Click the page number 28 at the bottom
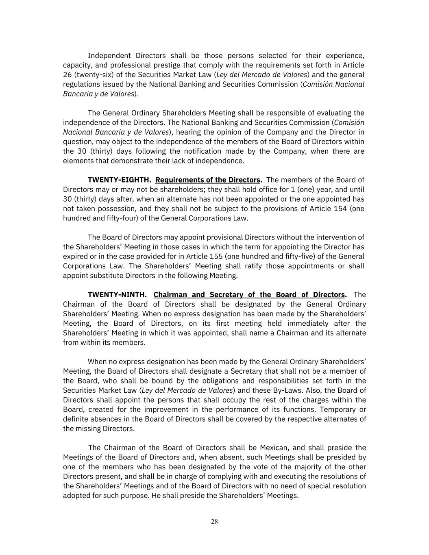pyautogui.click(x=214, y=522)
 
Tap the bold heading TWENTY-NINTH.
pyautogui.click(x=118, y=294)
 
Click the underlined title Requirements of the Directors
pyautogui.click(x=208, y=180)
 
